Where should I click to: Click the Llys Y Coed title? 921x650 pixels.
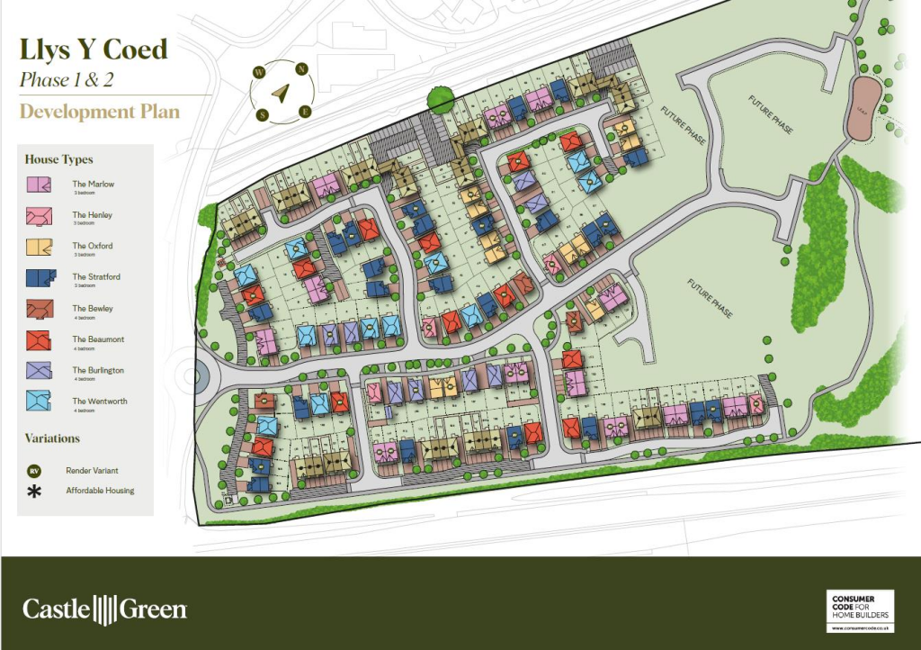click(x=94, y=49)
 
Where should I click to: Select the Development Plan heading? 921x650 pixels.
click(x=100, y=113)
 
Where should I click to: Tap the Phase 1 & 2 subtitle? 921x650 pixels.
click(x=67, y=80)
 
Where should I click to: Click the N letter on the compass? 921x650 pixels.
click(x=302, y=68)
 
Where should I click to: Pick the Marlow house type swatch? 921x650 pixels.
click(x=38, y=185)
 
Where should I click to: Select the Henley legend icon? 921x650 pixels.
click(x=38, y=216)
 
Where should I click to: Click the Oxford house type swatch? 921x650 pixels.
click(x=38, y=247)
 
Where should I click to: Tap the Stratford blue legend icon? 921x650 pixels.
click(x=38, y=277)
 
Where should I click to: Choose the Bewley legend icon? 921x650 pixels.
click(x=38, y=309)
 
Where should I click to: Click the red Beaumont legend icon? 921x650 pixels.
click(x=38, y=339)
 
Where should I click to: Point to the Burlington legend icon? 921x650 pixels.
click(x=38, y=371)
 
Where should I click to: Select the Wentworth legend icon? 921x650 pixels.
click(x=38, y=402)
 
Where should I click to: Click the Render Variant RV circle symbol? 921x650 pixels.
click(x=35, y=471)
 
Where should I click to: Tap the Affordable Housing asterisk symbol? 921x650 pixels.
click(x=35, y=492)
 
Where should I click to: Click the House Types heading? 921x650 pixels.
click(x=58, y=159)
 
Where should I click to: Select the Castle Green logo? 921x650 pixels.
click(x=104, y=609)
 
